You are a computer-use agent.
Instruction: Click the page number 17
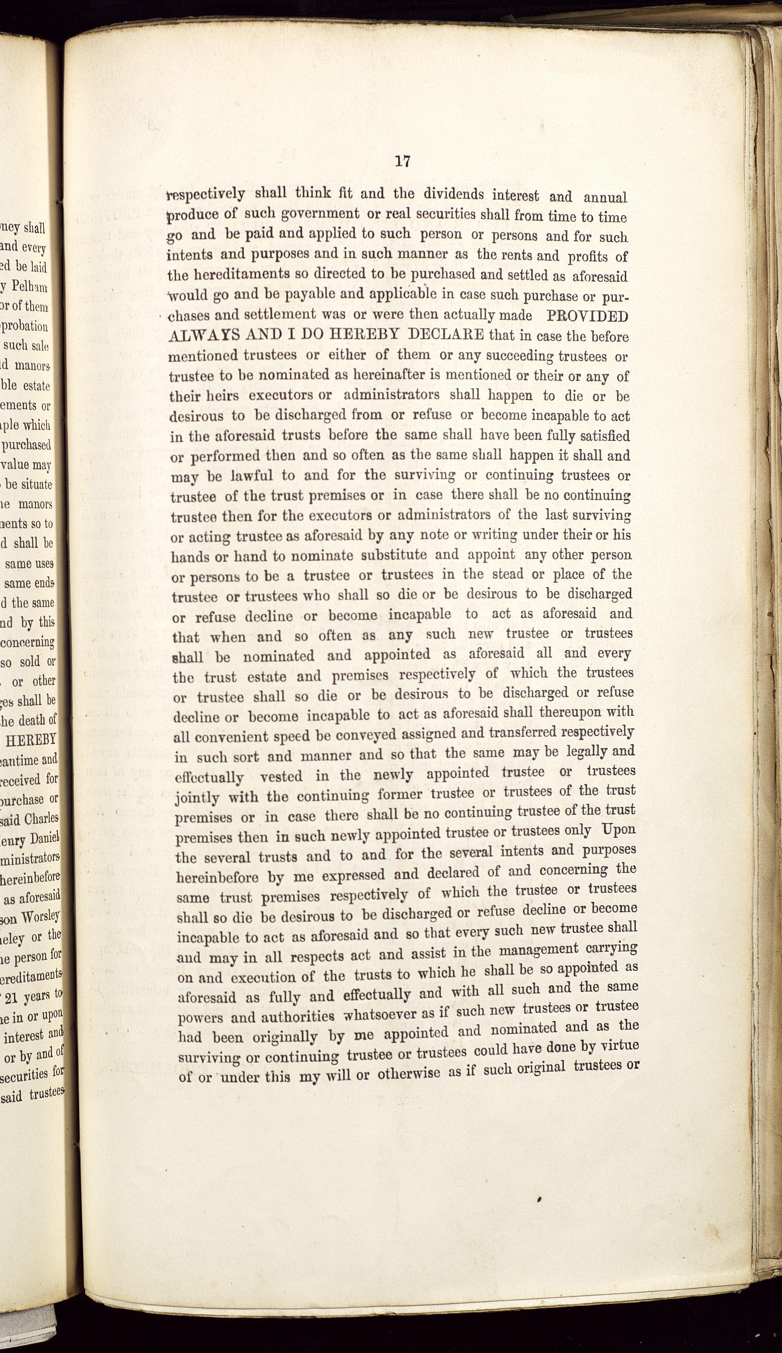(x=402, y=161)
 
